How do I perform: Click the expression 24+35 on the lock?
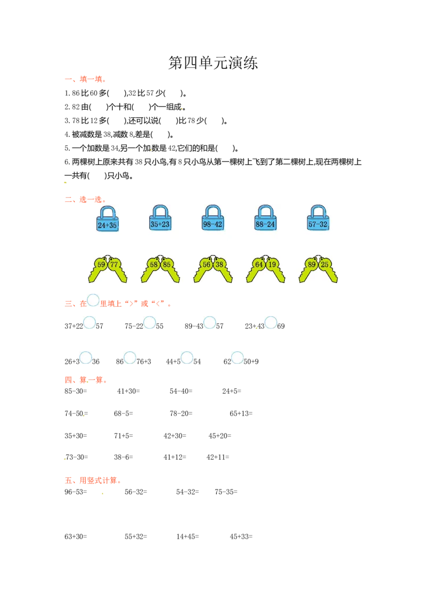click(107, 225)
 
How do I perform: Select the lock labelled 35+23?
click(160, 224)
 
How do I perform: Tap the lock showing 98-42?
click(212, 224)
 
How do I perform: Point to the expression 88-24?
click(265, 224)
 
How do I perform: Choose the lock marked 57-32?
click(318, 224)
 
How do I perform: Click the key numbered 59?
click(101, 264)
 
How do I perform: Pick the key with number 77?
click(113, 264)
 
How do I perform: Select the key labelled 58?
click(154, 264)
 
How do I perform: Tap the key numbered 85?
click(167, 264)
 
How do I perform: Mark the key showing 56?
click(207, 264)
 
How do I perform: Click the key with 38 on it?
click(219, 264)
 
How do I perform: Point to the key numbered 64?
click(259, 264)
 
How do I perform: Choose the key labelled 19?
click(272, 264)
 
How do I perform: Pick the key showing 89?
click(312, 264)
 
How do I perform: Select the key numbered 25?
click(325, 264)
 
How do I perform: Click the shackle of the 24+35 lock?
click(108, 211)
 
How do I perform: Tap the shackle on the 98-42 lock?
click(213, 210)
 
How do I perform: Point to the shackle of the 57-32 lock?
click(318, 210)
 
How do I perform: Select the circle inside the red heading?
click(93, 300)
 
